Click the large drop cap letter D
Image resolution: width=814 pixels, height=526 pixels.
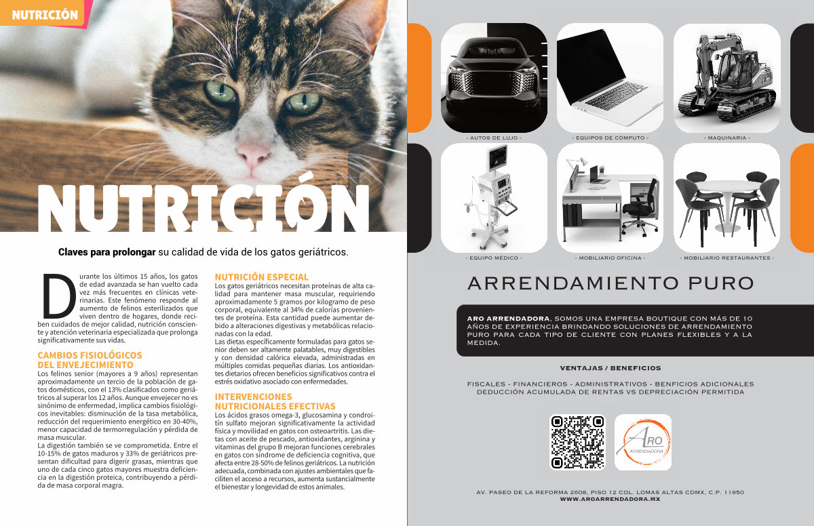59,296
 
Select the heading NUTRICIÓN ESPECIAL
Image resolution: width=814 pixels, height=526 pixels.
261,277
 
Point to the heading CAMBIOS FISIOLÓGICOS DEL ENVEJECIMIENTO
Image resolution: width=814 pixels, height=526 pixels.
90,360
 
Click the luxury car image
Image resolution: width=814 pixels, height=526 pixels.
494,78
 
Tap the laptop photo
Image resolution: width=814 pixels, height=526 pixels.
610,78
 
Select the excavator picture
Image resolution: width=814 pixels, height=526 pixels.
726,78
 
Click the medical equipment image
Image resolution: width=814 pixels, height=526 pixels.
494,198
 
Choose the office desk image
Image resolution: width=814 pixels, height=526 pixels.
610,198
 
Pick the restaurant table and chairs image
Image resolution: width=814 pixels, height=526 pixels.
726,198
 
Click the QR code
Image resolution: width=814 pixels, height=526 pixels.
577,442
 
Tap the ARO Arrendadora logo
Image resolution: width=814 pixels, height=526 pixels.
643,442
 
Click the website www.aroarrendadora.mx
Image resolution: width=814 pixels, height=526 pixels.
610,499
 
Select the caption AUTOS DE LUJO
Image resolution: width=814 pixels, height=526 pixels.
494,138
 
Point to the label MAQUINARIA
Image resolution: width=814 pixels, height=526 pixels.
726,138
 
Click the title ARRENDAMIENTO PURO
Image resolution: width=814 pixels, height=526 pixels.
610,283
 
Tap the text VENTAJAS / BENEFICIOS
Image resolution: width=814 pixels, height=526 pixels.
610,368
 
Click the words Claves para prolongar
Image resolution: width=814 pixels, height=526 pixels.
107,252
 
